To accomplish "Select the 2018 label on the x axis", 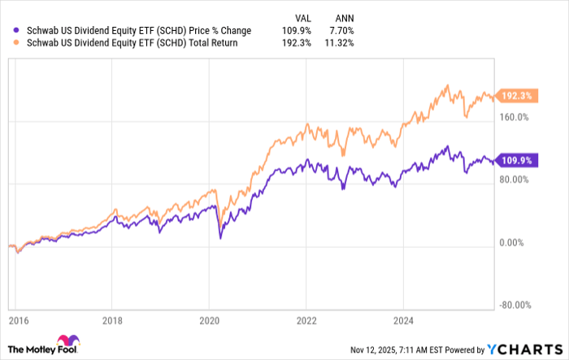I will point(113,321).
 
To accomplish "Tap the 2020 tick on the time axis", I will point(209,321).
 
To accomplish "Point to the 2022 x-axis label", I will point(306,321).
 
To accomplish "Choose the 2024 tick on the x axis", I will point(402,321).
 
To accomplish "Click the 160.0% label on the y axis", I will point(513,117).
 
